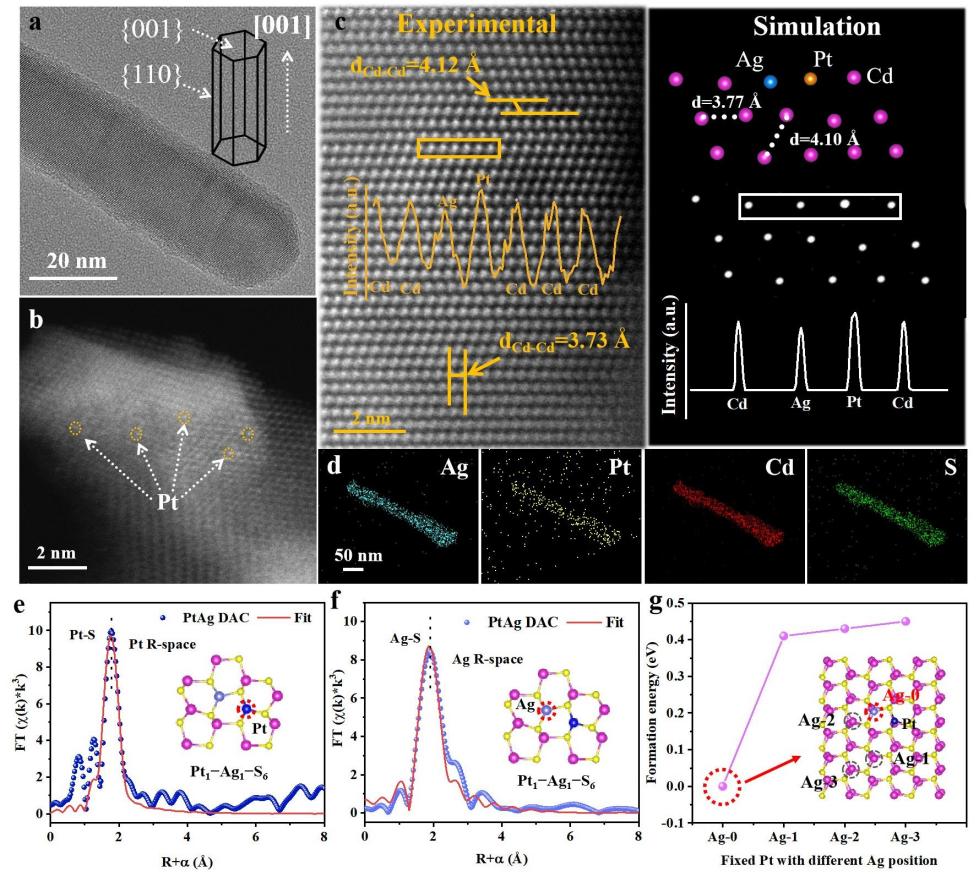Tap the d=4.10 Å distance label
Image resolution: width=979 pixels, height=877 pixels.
point(824,139)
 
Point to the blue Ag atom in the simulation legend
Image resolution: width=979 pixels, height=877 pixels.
point(769,79)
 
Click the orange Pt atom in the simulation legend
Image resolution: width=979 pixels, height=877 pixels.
point(811,78)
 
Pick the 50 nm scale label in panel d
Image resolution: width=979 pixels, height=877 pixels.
point(352,550)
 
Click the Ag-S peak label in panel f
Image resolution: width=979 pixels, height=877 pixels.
point(408,633)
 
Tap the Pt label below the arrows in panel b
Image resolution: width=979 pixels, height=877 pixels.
point(167,503)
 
